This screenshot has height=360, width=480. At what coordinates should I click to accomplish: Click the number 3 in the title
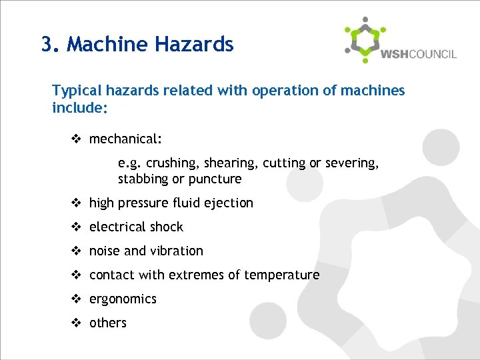(46, 45)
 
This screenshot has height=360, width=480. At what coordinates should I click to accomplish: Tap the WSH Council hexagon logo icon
(364, 39)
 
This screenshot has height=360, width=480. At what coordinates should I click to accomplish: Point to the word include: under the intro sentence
(80, 107)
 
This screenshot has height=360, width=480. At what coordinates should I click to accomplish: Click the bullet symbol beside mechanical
(77, 139)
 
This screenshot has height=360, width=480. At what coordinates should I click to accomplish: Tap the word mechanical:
(125, 139)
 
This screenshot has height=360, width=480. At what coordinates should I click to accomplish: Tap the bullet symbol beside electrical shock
(77, 227)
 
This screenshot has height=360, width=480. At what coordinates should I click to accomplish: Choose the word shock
(166, 227)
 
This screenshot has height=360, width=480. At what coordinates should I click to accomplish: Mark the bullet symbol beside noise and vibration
(77, 251)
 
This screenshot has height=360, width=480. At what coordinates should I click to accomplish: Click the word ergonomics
(123, 299)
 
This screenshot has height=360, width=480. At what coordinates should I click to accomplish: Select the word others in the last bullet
(108, 323)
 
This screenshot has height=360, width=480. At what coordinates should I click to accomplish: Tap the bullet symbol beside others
(77, 323)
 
